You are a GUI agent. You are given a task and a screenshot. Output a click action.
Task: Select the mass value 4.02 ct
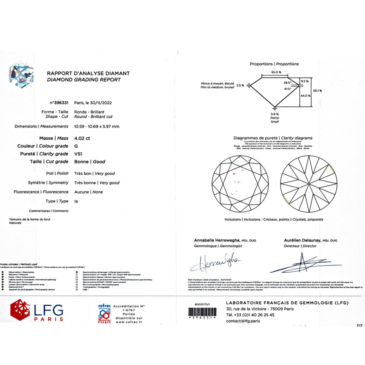coord(82,138)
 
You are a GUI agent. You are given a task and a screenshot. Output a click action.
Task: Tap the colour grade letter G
coord(76,146)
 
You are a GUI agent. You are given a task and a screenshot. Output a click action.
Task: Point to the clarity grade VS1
coord(78,154)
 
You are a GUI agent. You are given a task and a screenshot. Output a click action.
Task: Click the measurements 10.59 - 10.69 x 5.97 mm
coord(97,127)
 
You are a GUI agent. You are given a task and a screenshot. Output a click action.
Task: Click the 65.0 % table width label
coord(276,72)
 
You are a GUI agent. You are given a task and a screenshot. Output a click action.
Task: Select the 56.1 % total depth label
coord(318,91)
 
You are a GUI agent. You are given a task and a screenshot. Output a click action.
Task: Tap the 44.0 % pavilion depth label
coord(305,96)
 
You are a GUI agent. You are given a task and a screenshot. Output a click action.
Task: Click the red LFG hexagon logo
coord(20,310)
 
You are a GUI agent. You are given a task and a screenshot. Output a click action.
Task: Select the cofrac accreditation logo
coord(104,314)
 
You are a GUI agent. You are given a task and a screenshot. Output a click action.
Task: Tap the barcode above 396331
coord(202,312)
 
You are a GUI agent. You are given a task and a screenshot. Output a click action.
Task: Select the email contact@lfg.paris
coord(243,321)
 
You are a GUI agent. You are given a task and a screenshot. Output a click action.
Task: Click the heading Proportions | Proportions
coord(274,64)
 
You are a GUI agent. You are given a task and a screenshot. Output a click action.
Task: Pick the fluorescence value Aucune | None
coord(89,192)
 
